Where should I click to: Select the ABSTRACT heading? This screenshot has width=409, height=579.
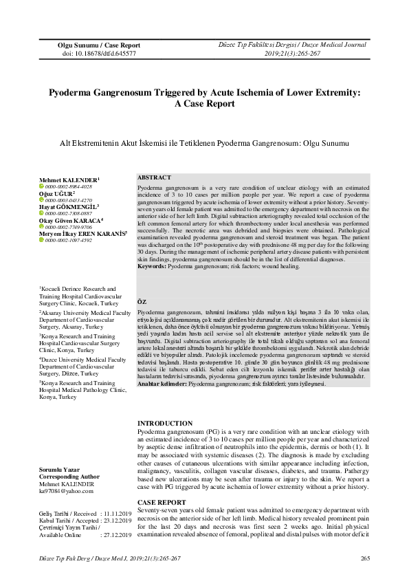click(154, 177)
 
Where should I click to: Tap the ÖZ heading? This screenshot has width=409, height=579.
click(142, 301)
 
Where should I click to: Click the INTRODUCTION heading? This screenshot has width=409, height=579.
click(164, 423)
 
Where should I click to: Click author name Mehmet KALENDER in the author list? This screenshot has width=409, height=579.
click(69, 179)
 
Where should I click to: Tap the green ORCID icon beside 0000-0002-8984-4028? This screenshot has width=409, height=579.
click(41, 186)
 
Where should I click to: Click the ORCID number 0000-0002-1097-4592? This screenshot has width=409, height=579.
click(69, 241)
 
